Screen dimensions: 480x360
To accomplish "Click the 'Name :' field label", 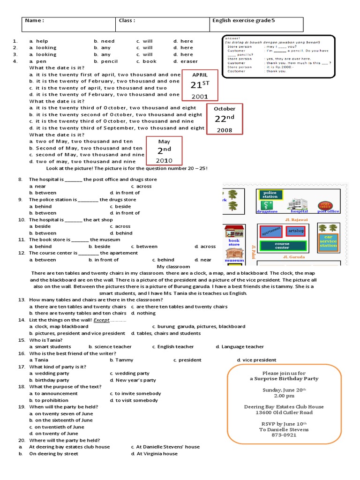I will click(x=34, y=21).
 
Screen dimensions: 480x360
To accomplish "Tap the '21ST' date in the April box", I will click(x=199, y=85).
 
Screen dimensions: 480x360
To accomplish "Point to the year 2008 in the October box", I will click(x=224, y=130).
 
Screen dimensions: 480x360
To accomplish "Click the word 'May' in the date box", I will click(x=164, y=142).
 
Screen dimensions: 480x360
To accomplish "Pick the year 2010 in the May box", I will click(x=164, y=161).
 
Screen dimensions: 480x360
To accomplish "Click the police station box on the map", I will click(x=270, y=195).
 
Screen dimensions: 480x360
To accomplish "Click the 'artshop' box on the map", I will click(x=296, y=231).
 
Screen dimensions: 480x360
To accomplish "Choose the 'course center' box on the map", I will click(x=282, y=245).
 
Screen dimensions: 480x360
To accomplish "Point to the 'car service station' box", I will click(x=328, y=241).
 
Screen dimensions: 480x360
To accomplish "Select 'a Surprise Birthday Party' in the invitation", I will click(x=284, y=378).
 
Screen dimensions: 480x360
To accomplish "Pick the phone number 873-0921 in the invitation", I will click(x=284, y=435).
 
